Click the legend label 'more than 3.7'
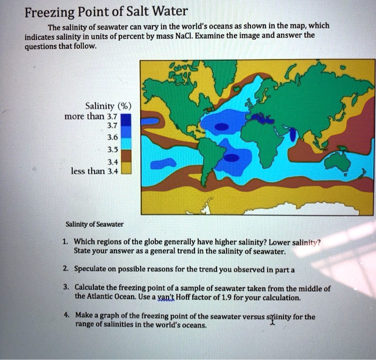(x=90, y=116)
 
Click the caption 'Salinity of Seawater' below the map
(x=94, y=224)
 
